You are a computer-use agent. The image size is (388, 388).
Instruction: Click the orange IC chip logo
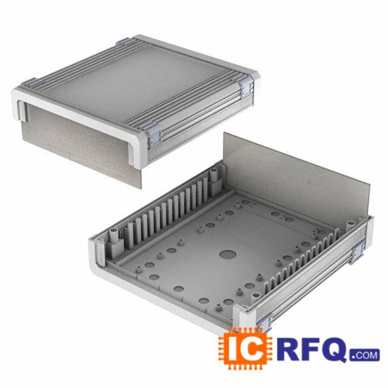[x=245, y=349]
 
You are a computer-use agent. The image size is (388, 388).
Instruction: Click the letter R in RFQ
[x=286, y=349]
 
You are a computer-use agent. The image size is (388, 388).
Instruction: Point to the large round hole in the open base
[x=228, y=255]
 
